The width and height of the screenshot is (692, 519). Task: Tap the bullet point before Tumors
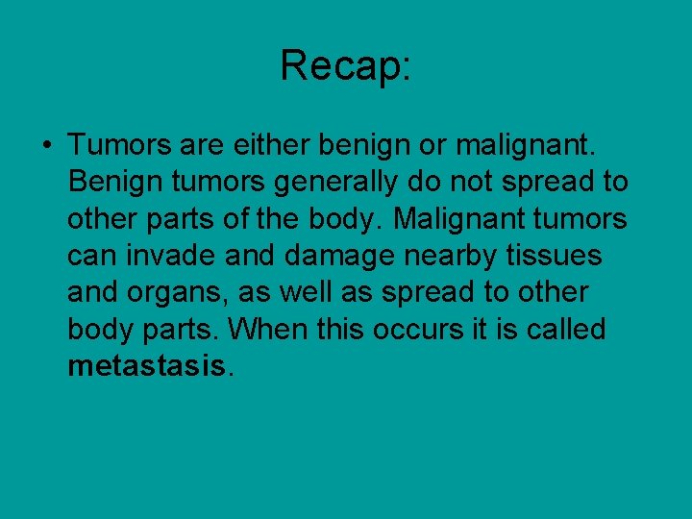tap(46, 145)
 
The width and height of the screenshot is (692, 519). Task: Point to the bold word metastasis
tap(145, 366)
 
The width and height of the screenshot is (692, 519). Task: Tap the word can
tap(87, 256)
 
